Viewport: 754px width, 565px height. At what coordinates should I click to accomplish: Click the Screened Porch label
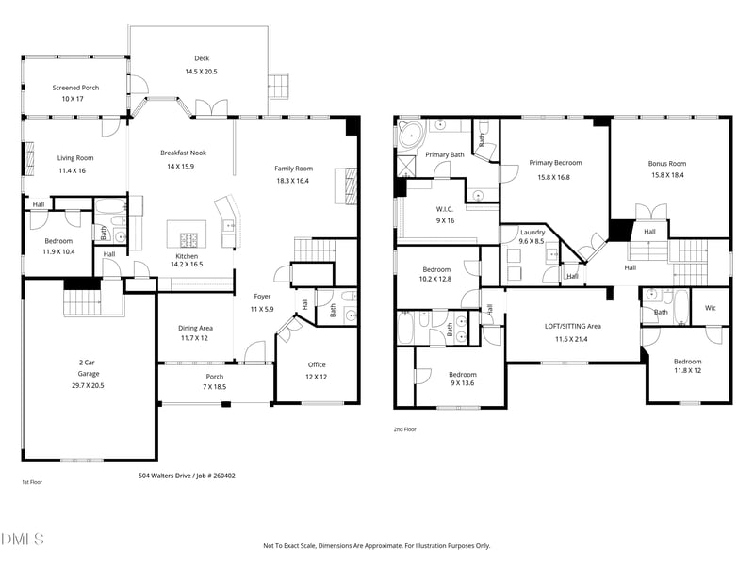[x=74, y=88]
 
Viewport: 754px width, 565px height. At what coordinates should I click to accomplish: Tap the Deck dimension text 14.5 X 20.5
[x=201, y=72]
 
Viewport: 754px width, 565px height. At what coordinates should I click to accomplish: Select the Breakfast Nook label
[x=183, y=153]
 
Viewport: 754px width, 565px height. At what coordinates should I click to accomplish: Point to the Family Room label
[x=292, y=168]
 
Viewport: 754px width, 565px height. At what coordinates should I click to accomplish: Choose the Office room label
[x=317, y=364]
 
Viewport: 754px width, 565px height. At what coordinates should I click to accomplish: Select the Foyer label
[x=262, y=297]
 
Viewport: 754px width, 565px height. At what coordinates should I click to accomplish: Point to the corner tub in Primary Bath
[x=411, y=134]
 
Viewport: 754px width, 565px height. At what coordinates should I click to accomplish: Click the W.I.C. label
[x=445, y=208]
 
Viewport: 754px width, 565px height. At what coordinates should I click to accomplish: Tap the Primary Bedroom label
[x=555, y=163]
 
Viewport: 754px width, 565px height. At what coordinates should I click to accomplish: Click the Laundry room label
[x=533, y=232]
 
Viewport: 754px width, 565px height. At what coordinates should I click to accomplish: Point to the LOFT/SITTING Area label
[x=572, y=326]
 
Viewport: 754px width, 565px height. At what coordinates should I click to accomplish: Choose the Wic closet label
[x=710, y=307]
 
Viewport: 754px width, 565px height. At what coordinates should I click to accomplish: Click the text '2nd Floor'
[x=405, y=429]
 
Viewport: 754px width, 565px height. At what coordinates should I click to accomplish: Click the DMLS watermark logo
[x=23, y=539]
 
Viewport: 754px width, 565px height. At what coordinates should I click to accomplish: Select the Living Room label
[x=75, y=158]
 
